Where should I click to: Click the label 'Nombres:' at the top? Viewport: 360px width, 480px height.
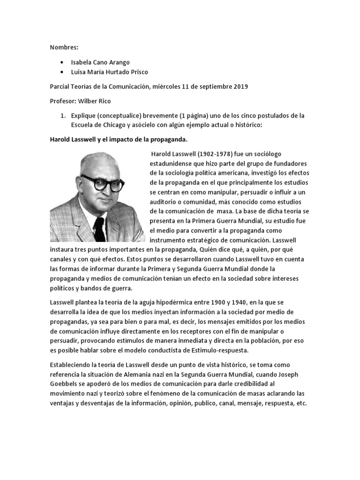(65, 47)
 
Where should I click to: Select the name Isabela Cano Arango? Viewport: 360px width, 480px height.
(101, 62)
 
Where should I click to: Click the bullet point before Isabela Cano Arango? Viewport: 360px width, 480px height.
(63, 62)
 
